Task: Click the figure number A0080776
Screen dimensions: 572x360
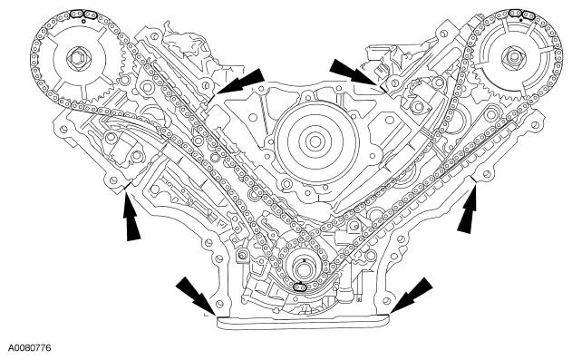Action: [x=30, y=347]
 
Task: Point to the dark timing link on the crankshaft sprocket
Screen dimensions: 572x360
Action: [x=300, y=287]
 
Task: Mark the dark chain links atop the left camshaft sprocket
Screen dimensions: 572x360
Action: [x=83, y=15]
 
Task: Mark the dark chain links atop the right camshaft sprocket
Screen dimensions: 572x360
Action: [x=520, y=14]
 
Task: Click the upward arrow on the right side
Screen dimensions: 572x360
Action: [x=469, y=208]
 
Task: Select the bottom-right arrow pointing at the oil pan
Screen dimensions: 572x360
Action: [x=412, y=296]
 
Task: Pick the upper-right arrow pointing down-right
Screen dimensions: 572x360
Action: [x=355, y=74]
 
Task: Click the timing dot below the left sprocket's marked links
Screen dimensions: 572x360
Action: [x=84, y=21]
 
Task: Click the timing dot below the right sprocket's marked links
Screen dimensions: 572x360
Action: [x=520, y=21]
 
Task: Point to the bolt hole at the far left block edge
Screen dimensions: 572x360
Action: [x=64, y=129]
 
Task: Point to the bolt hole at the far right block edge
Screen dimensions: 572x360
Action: [x=536, y=125]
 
